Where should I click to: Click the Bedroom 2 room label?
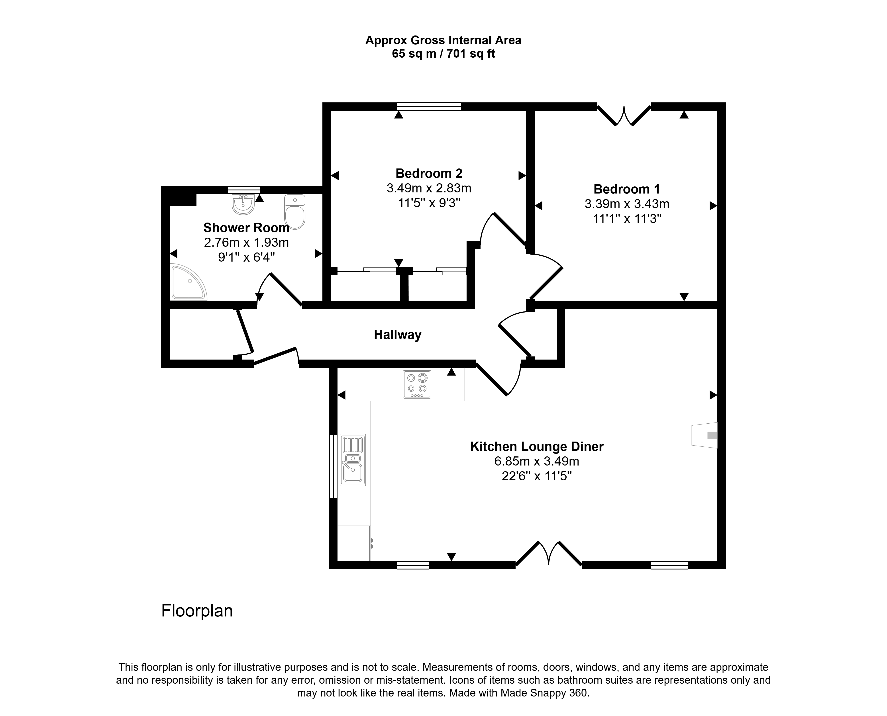(x=429, y=173)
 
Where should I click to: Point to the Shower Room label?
(x=246, y=228)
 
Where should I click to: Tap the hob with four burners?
(x=417, y=384)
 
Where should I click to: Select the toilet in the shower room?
(x=295, y=211)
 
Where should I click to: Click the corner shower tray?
(x=188, y=282)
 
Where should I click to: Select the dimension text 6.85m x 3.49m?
(x=537, y=461)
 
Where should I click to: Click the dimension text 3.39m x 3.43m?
(x=627, y=204)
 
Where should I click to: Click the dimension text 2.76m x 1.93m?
(x=246, y=243)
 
